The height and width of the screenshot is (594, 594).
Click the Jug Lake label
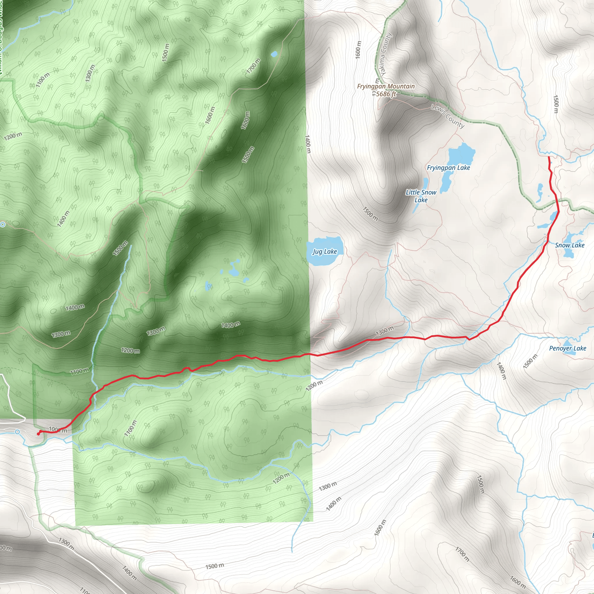click(325, 252)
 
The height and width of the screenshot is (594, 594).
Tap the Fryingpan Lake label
click(448, 168)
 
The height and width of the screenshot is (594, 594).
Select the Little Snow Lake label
click(421, 196)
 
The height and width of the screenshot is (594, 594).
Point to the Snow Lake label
click(570, 245)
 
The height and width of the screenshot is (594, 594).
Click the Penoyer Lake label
click(568, 349)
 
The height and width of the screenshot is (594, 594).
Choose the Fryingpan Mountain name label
click(386, 87)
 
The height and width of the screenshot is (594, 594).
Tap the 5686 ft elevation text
click(386, 94)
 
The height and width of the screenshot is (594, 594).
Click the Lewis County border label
click(447, 116)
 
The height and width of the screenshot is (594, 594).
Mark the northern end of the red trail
click(549, 157)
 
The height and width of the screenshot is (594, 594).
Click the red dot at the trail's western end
click(38, 434)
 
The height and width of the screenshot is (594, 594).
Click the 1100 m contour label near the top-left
click(42, 80)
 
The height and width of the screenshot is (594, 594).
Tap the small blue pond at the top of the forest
click(274, 55)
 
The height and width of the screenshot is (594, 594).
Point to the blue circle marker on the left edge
click(3, 224)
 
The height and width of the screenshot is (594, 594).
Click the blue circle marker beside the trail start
click(17, 432)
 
